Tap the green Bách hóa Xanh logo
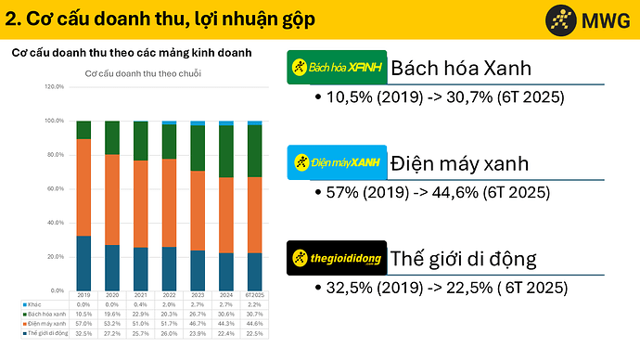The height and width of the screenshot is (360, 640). click(336, 68)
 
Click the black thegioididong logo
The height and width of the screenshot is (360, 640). click(336, 258)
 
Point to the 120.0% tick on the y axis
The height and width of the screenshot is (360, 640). click(54, 87)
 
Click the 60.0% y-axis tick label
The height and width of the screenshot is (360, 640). click(54, 188)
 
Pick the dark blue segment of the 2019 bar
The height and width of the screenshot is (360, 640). click(83, 262)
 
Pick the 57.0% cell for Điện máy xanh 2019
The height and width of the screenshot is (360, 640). click(83, 323)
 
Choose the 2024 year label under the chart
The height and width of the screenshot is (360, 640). click(225, 293)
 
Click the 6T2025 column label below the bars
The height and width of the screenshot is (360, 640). click(254, 293)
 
